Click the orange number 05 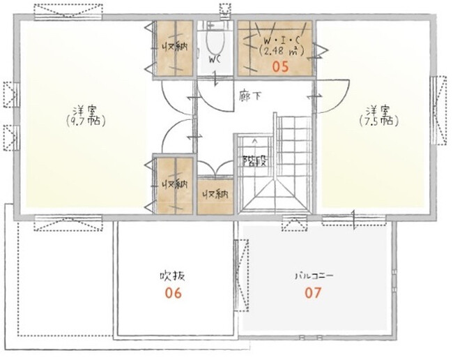coord(281,67)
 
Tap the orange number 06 coord(174,293)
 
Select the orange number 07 coord(313,293)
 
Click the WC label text coord(215,60)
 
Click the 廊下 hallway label coord(250,96)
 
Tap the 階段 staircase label coord(254,160)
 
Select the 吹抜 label coord(172,276)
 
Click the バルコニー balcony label coord(314,276)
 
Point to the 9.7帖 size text coord(86,121)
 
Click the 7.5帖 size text coord(379,121)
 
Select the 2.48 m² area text coord(282,51)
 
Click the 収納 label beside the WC coord(174,47)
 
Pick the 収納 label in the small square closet coord(215,195)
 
